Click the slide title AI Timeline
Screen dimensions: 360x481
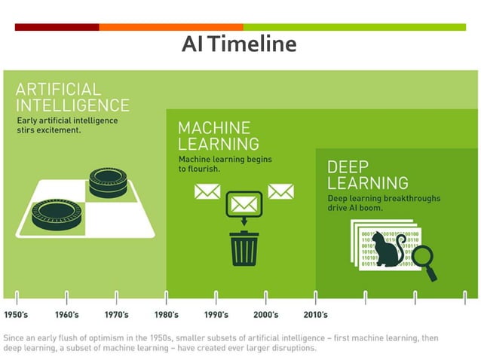click(239, 44)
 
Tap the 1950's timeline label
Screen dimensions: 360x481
click(17, 314)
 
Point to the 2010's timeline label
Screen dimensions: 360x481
click(315, 314)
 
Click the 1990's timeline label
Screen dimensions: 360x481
click(216, 314)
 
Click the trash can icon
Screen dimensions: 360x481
click(244, 248)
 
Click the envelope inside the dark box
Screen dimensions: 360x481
click(244, 203)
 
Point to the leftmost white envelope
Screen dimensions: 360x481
click(207, 191)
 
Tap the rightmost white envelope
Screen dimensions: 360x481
click(280, 191)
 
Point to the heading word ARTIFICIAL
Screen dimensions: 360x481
click(59, 89)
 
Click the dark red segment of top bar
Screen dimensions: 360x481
click(57, 27)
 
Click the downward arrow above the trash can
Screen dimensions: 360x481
click(244, 220)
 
